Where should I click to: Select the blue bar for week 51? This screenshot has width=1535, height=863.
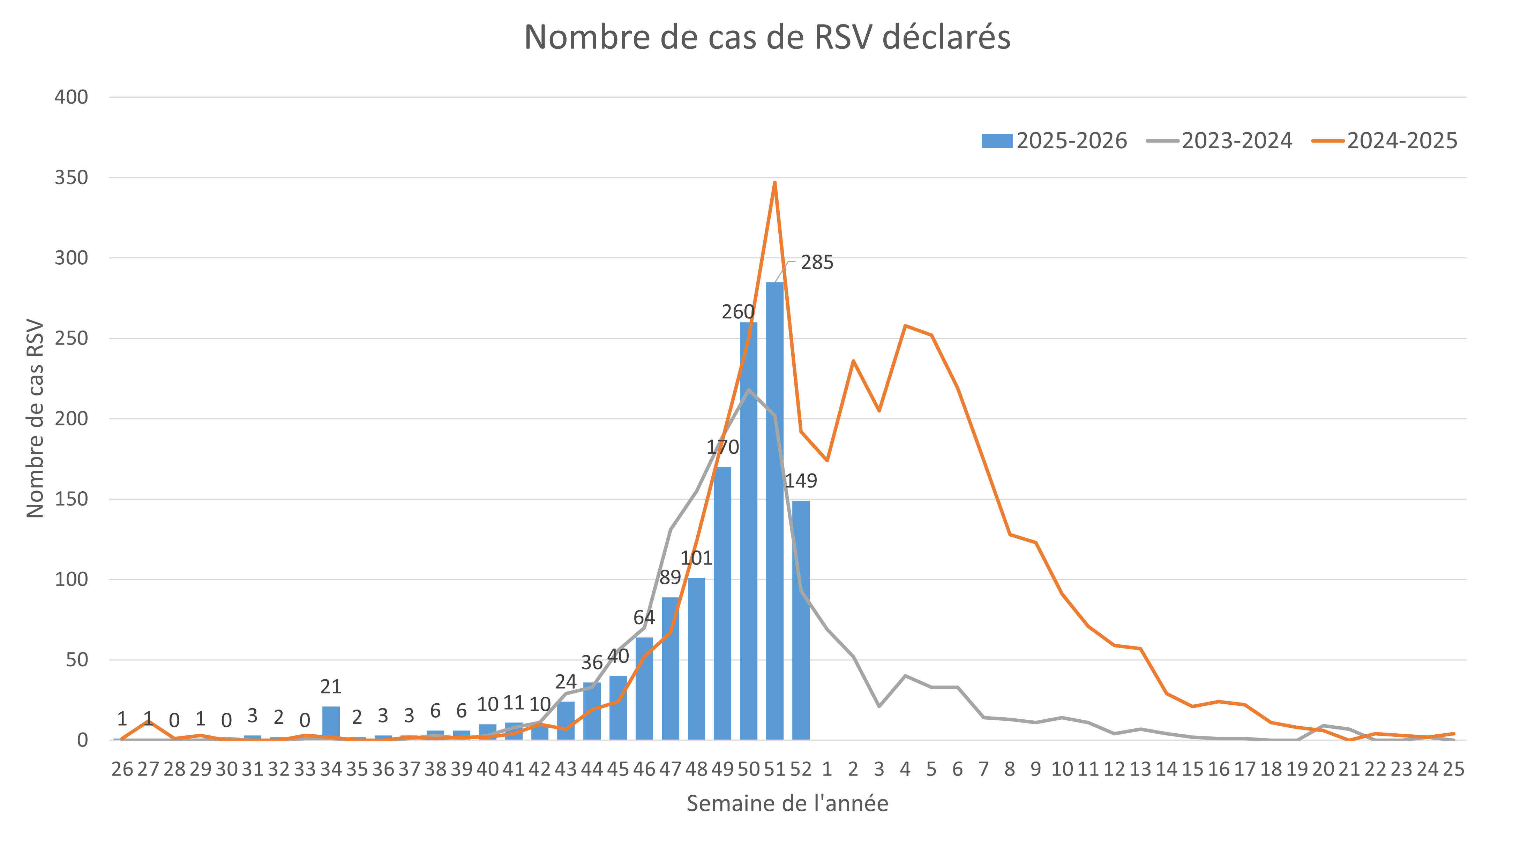coord(774,512)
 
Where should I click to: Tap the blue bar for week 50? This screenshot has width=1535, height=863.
coord(748,530)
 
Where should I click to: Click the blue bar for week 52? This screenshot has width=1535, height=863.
coord(801,619)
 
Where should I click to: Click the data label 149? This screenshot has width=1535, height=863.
coord(801,480)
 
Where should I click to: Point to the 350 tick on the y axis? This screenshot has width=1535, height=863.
coord(71,177)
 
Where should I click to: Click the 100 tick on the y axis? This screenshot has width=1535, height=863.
coord(71,580)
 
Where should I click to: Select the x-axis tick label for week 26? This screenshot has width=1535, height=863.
coord(122,769)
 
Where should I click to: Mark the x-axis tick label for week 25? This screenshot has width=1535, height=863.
coord(1453,769)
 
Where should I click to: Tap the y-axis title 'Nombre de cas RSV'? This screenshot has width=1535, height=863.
coord(35,419)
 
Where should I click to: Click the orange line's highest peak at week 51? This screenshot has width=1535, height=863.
coord(774,182)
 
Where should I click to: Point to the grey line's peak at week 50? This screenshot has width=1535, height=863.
coord(748,390)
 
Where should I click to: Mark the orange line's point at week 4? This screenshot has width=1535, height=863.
coord(905,325)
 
